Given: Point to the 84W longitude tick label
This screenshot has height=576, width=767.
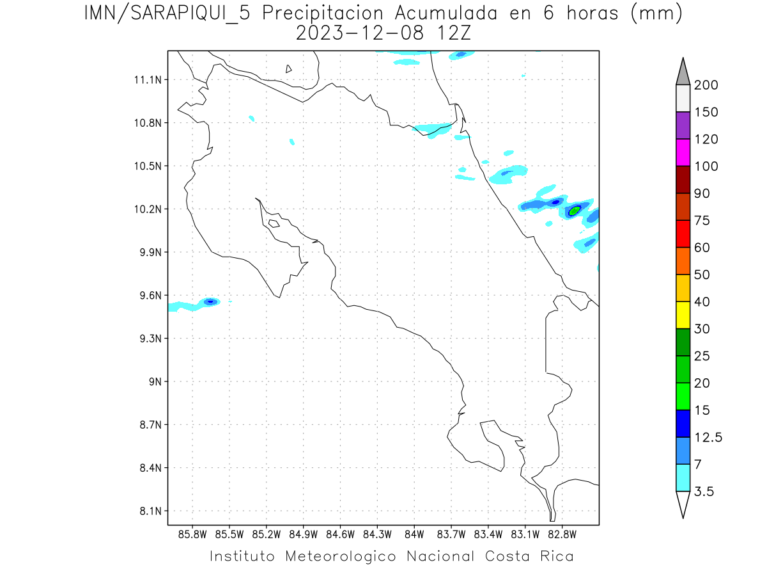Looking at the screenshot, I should (x=414, y=534).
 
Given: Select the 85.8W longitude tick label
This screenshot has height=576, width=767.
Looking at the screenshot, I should (x=193, y=534).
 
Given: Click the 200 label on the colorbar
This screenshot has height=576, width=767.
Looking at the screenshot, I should (x=706, y=85).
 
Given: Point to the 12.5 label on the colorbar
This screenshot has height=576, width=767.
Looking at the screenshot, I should (x=709, y=437).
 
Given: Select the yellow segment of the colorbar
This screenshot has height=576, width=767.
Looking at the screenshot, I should (x=683, y=315).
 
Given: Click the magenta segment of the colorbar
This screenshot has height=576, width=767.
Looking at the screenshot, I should (x=683, y=152).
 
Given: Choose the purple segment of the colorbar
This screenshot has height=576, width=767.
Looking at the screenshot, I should (x=683, y=125).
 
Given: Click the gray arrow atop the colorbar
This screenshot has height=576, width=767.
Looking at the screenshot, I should (x=683, y=72).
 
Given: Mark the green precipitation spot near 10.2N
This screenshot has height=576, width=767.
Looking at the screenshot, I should (x=574, y=210).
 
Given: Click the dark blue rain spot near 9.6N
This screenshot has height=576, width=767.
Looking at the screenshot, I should (x=210, y=301).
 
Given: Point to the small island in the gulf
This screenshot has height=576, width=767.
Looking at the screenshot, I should (x=274, y=223).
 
